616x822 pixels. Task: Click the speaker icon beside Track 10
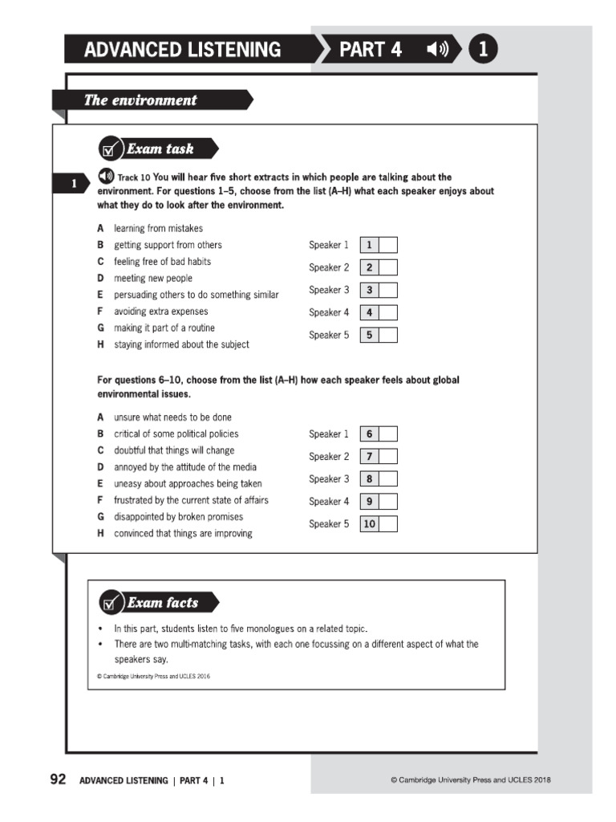[105, 176]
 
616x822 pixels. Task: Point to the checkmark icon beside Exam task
[110, 149]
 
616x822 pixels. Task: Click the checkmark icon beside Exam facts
[110, 603]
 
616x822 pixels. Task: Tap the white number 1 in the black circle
[483, 50]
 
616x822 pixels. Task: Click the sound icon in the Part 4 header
[438, 50]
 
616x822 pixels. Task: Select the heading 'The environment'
[140, 100]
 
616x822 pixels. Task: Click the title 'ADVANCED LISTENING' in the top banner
[183, 50]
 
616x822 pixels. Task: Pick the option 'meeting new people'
[153, 278]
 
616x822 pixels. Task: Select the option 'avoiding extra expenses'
[160, 311]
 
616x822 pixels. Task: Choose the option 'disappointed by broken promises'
[178, 517]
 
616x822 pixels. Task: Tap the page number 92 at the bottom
[58, 779]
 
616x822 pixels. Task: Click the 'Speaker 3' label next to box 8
[329, 479]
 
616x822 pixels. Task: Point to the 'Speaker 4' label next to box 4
[329, 312]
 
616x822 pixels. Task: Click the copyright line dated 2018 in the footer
[470, 779]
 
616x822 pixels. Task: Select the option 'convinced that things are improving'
[183, 534]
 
